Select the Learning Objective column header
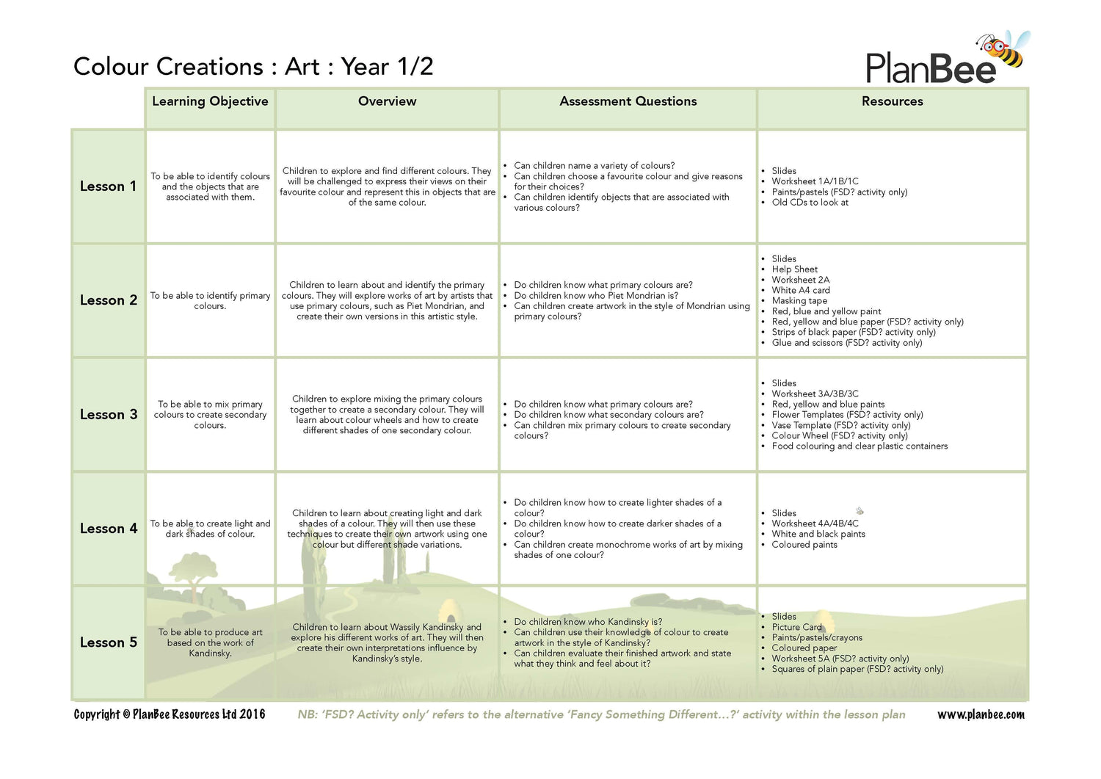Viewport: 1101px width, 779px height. [210, 101]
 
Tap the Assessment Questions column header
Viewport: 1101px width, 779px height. [628, 101]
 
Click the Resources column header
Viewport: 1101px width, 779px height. [892, 101]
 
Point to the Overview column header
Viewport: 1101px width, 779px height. [387, 101]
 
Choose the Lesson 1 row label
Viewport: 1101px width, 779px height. [108, 186]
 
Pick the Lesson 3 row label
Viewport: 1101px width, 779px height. [108, 415]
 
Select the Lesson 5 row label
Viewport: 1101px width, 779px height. [108, 642]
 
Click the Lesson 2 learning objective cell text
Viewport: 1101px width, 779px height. [210, 301]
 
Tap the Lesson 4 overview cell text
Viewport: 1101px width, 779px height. [387, 529]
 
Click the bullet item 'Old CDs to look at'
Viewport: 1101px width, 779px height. [810, 203]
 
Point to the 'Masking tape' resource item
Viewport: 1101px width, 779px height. [799, 300]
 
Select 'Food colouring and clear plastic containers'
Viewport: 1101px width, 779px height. [860, 446]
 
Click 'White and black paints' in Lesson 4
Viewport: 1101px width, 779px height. [818, 534]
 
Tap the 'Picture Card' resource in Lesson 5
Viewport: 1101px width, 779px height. [796, 627]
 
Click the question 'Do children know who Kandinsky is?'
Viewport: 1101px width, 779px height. [588, 622]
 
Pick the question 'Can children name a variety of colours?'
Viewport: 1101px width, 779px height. [594, 166]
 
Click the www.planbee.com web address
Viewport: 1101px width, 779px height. [981, 714]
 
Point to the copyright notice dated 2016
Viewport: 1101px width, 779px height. [170, 714]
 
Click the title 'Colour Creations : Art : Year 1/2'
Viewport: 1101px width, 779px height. [253, 67]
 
